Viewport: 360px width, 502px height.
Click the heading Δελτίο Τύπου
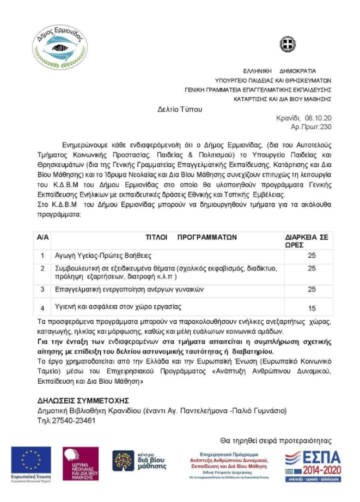tap(180, 110)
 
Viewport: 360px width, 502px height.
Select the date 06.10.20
tap(318, 118)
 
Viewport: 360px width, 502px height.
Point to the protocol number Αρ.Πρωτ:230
tap(311, 126)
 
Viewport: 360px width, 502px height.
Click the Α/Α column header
tap(42, 238)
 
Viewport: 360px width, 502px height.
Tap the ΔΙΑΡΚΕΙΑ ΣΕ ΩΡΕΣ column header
tap(309, 241)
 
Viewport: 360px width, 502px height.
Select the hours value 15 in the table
tap(312, 308)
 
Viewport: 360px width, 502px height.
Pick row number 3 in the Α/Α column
tap(42, 288)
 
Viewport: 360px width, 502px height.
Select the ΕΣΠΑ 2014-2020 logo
tap(313, 464)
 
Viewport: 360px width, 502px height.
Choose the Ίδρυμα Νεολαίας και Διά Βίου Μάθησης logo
tap(80, 463)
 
